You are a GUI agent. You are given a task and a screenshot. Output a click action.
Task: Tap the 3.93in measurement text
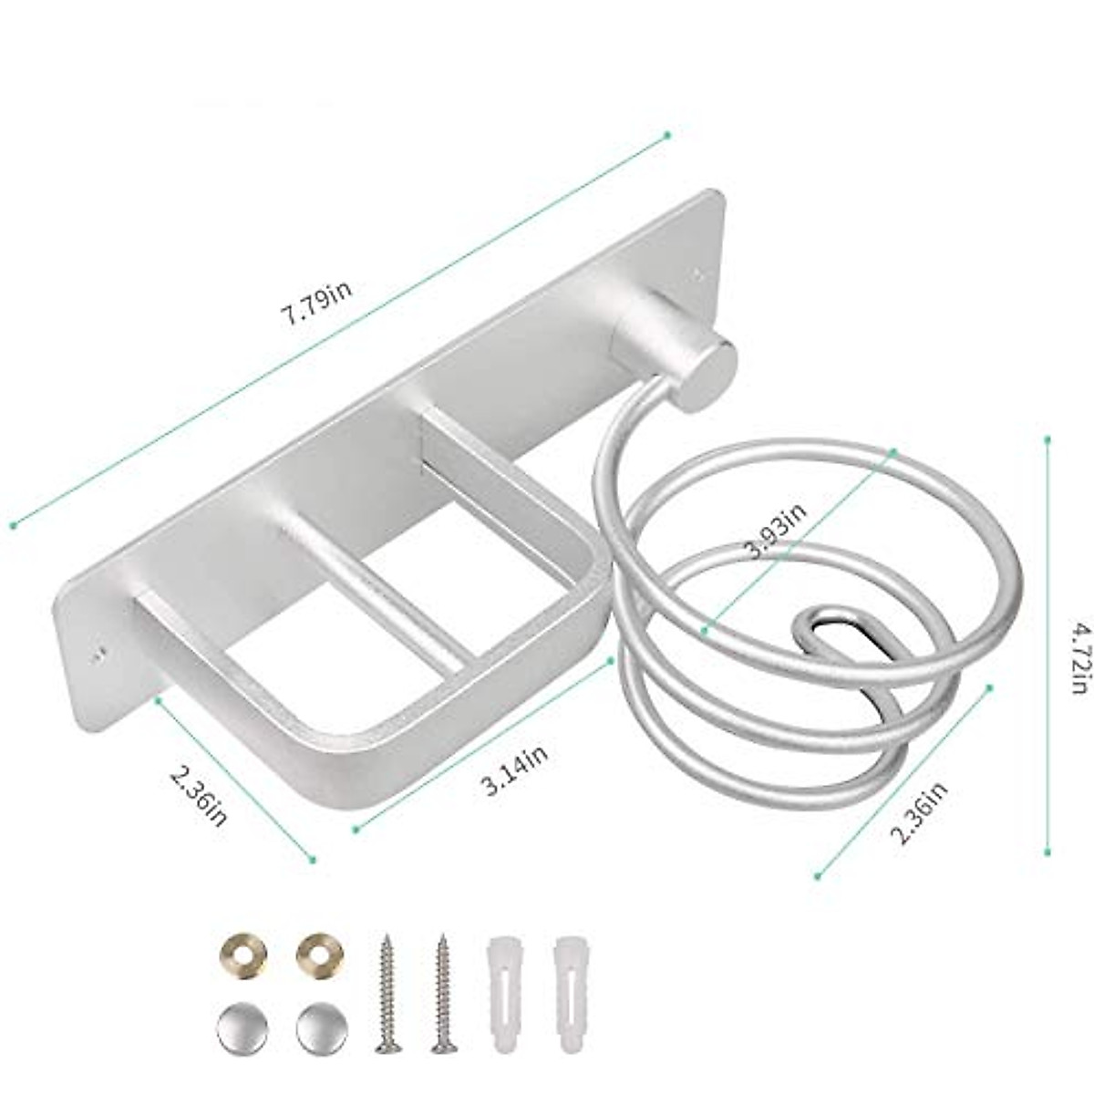775,532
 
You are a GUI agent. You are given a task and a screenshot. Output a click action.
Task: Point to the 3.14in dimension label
515,769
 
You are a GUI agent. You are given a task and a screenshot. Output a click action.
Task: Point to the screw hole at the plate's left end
99,653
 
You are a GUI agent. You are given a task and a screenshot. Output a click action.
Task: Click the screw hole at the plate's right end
700,271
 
